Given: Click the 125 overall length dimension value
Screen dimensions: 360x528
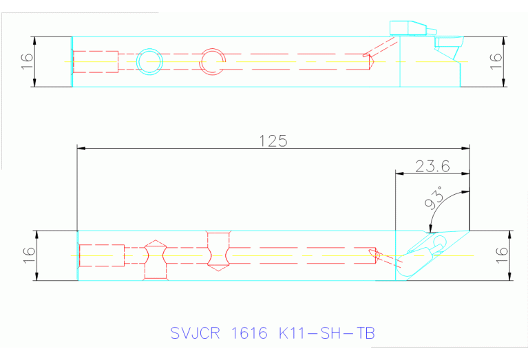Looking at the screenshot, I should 273,140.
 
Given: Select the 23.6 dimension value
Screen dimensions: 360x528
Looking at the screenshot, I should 432,166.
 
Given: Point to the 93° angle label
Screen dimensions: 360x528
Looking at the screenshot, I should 434,200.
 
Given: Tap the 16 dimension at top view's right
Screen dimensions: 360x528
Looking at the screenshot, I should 496,61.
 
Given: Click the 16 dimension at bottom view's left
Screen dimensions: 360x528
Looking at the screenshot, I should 27,255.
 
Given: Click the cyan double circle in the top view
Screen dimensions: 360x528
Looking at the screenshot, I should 149,61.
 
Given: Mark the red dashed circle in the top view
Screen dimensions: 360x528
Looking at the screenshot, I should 211,61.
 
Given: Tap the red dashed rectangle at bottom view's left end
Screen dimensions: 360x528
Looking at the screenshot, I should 101,255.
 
